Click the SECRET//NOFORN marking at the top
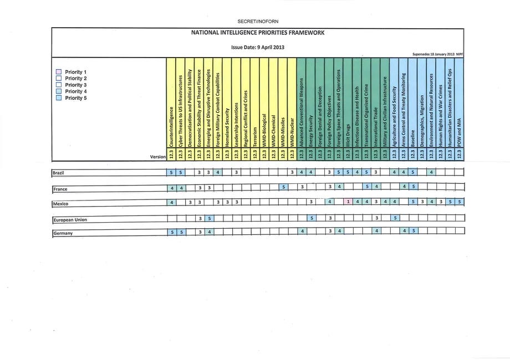[254, 21]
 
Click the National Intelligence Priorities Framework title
[258, 33]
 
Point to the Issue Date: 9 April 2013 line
[257, 47]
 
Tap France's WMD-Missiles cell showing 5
[283, 188]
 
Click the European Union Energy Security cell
[311, 218]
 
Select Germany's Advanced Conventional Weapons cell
[302, 232]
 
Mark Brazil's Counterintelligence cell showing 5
[172, 173]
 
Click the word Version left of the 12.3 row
[158, 157]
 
